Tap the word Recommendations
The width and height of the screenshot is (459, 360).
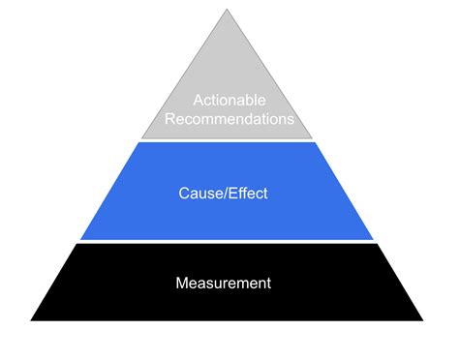click(229, 121)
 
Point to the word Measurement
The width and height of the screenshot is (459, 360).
click(223, 284)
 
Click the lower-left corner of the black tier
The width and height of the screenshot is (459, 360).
click(32, 319)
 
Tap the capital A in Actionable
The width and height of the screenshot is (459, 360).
click(198, 100)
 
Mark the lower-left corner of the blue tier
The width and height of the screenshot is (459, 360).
click(80, 238)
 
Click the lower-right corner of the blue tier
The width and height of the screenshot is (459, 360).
click(373, 238)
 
